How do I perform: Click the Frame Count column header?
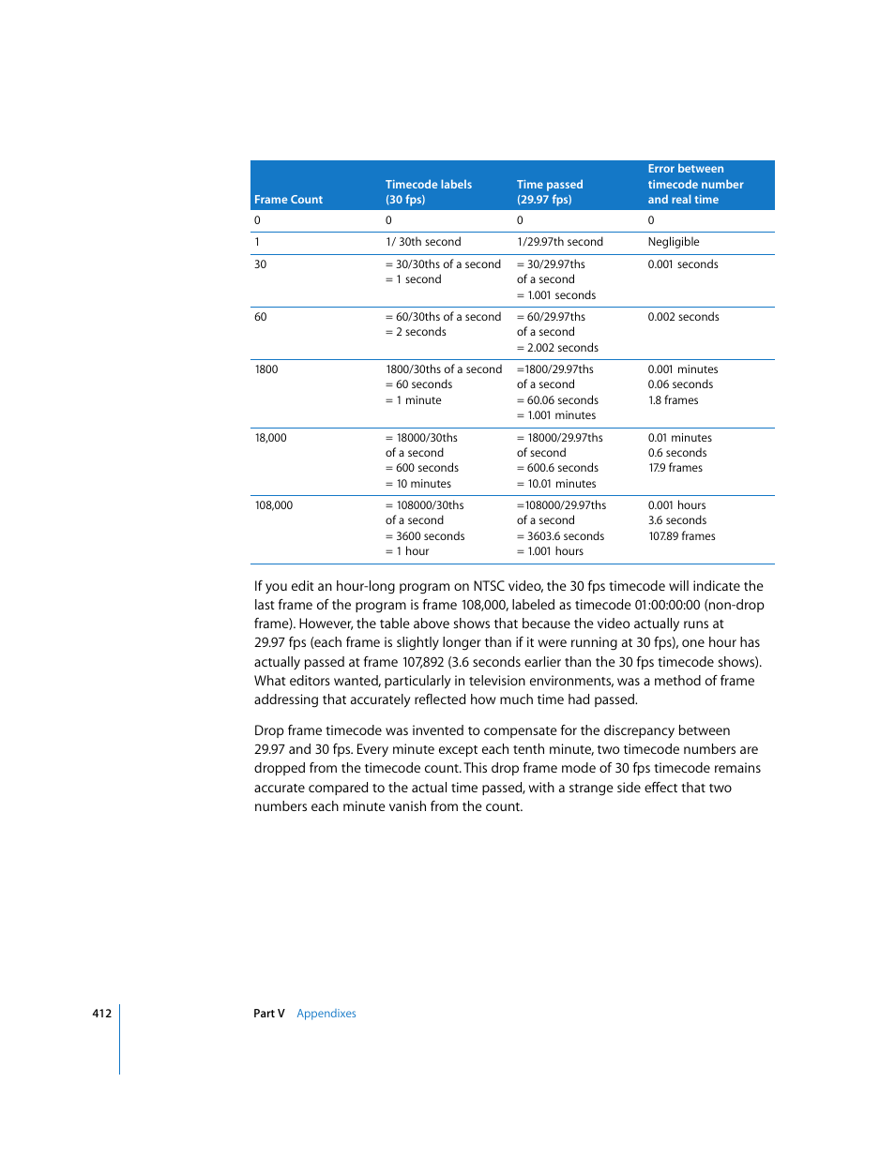click(288, 200)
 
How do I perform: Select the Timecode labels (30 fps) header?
click(428, 192)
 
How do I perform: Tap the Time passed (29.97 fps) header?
click(549, 192)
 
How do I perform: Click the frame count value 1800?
click(266, 369)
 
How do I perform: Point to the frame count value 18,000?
click(271, 438)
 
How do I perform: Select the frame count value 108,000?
click(274, 505)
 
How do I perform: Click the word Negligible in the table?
click(673, 242)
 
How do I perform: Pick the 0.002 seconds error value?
click(683, 317)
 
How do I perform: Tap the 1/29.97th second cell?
click(559, 242)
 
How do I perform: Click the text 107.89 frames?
click(681, 536)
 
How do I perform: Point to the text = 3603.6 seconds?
click(560, 536)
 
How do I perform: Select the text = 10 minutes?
click(418, 484)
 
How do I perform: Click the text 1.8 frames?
click(673, 400)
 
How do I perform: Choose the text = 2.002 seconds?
click(557, 348)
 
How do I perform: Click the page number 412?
click(101, 1014)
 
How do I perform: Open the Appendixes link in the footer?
click(326, 1014)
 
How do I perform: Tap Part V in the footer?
click(268, 1014)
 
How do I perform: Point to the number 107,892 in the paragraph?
click(423, 662)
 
